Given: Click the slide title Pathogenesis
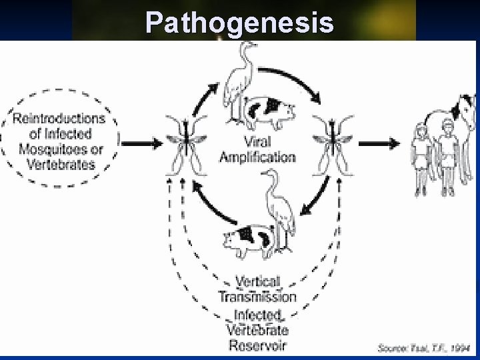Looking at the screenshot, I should (239, 22).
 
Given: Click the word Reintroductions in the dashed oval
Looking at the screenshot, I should (59, 119).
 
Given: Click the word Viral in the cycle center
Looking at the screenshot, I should (257, 143).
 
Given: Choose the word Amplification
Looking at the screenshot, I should (257, 157).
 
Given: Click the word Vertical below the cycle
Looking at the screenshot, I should (257, 282).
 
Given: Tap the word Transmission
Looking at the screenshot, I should (257, 297).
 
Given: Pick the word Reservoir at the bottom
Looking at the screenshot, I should (257, 345).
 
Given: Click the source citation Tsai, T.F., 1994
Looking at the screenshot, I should (424, 348).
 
